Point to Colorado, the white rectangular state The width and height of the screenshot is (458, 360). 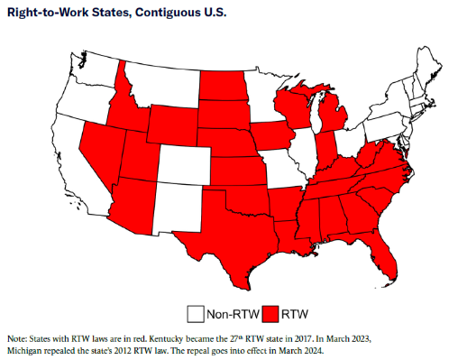pyautogui.click(x=184, y=168)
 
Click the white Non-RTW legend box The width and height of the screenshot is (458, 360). pyautogui.click(x=195, y=314)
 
